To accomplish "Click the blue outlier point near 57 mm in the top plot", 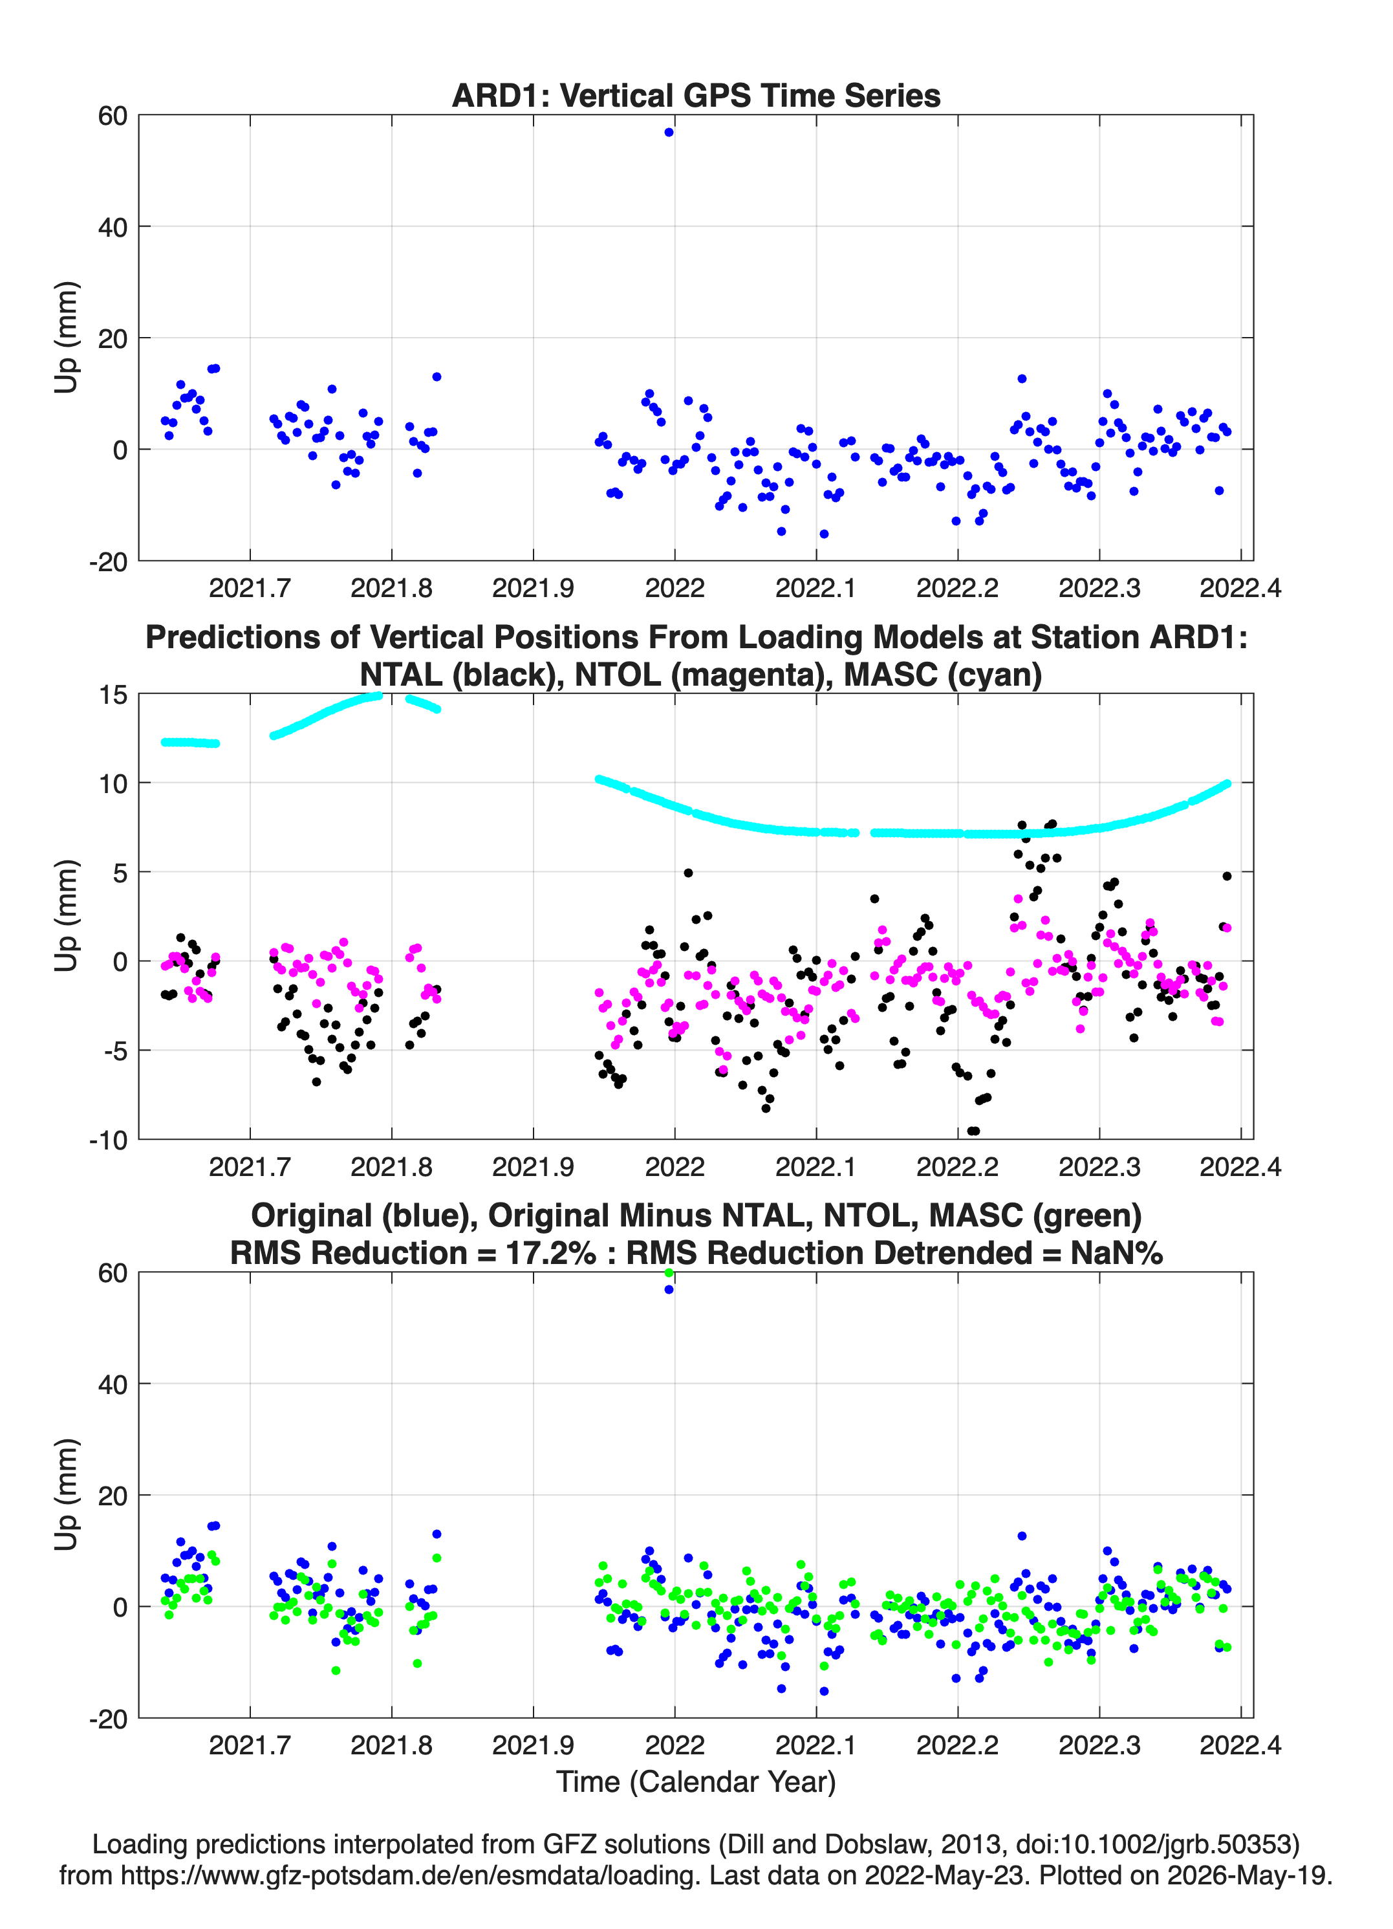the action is [x=669, y=133].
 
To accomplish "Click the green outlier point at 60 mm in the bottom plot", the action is [x=669, y=1272].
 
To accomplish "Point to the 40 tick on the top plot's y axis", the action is [x=113, y=227].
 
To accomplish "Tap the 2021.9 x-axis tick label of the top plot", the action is [x=534, y=588].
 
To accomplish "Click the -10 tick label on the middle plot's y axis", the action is [x=108, y=1140].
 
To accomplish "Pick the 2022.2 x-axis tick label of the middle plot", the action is [x=958, y=1167].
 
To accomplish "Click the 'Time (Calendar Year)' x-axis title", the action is [x=696, y=1782].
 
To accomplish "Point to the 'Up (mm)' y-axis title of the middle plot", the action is [x=67, y=915].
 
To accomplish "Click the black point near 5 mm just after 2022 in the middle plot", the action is [x=688, y=873].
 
